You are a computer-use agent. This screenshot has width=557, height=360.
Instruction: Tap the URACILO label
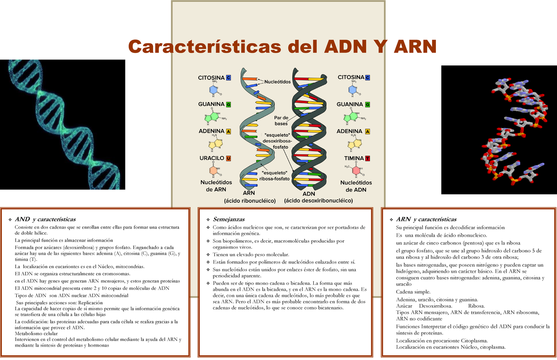pos(211,158)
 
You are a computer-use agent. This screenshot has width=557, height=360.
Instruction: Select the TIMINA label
pos(350,158)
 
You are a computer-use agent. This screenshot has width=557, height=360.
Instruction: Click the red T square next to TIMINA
pos(368,158)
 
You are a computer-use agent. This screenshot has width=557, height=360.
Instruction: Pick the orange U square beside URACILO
pos(228,158)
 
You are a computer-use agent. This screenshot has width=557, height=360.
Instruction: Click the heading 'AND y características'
pos(45,219)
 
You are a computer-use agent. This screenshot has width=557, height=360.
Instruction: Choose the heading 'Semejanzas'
pos(228,219)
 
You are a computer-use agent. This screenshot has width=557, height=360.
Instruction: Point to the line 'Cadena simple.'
pos(413,292)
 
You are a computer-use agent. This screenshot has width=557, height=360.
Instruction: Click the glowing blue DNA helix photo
pos(63,124)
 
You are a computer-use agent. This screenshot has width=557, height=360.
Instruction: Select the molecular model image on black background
pos(499,129)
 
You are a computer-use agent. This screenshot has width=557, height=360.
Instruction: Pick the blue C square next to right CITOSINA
pos(368,77)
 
